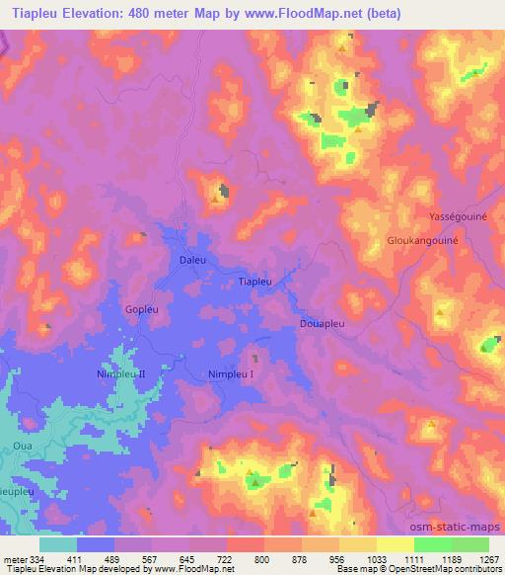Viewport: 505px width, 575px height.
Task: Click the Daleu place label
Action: [x=193, y=261]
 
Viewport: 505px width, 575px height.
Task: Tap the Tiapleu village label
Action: [x=255, y=283]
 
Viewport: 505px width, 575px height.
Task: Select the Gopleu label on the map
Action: [x=140, y=309]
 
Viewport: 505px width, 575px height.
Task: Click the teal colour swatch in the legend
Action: [x=58, y=544]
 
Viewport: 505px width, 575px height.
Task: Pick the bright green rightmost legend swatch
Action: [x=469, y=544]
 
